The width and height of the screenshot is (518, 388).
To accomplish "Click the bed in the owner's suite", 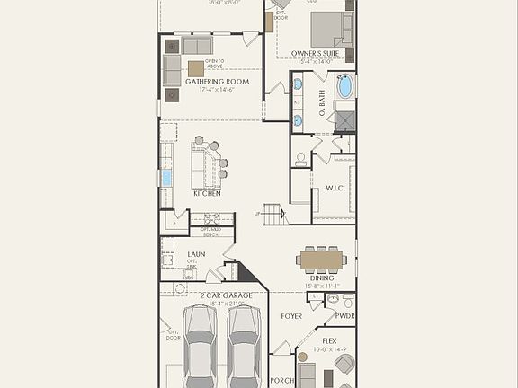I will pyautogui.click(x=329, y=29).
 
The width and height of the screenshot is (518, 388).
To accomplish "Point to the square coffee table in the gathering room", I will pyautogui.click(x=195, y=68).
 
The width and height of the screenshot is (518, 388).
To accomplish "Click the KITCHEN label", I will pyautogui.click(x=207, y=193).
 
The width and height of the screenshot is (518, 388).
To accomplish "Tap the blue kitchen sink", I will pyautogui.click(x=166, y=178).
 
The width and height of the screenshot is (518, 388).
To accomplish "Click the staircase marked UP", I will pyautogui.click(x=272, y=215).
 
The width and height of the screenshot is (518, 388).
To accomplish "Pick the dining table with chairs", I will pyautogui.click(x=321, y=260).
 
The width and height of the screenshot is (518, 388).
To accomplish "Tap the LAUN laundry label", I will pyautogui.click(x=171, y=255).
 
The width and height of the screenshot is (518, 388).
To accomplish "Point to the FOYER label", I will pyautogui.click(x=290, y=316).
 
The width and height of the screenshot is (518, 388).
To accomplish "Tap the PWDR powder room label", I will pyautogui.click(x=344, y=316).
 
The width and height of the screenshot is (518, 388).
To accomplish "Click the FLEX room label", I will pyautogui.click(x=329, y=341).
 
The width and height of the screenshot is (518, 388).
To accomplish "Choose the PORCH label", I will pyautogui.click(x=281, y=381).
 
